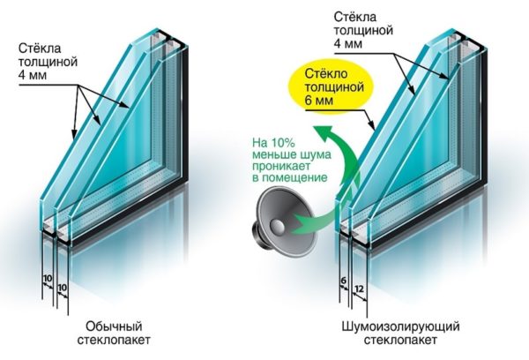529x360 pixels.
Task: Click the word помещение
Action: [x=294, y=177]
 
